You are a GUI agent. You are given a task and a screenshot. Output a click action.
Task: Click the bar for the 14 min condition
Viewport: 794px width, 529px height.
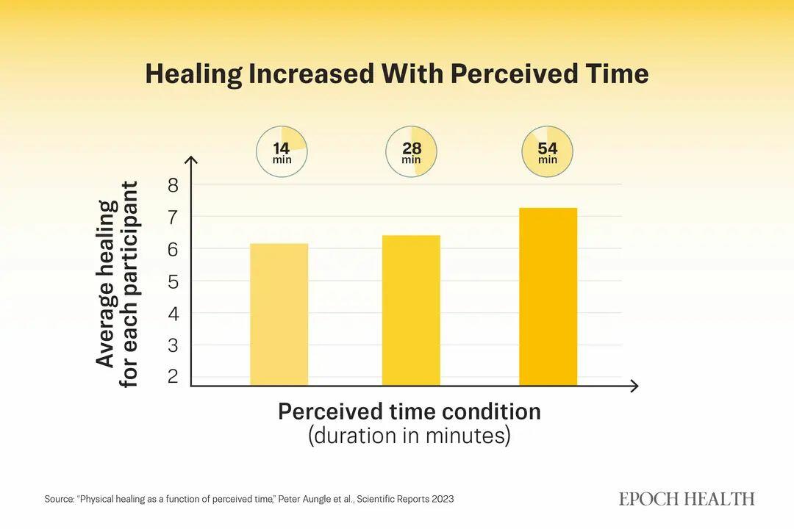279,314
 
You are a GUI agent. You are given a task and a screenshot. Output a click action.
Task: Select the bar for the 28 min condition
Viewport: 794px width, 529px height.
411,310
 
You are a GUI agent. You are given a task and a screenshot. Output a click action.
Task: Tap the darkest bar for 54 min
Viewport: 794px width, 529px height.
548,297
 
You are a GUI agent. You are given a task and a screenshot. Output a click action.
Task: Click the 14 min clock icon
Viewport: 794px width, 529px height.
282,153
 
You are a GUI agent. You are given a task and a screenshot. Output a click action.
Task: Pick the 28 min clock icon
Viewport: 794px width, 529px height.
411,153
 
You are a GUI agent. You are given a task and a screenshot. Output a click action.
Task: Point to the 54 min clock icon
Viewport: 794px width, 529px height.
548,153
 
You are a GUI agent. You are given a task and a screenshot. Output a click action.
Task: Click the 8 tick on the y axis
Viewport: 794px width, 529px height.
174,185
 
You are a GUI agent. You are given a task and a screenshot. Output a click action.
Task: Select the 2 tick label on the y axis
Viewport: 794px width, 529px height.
174,377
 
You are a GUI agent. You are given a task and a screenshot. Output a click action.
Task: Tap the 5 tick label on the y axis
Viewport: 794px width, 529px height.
174,281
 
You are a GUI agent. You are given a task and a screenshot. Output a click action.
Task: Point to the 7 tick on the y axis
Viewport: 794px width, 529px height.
174,217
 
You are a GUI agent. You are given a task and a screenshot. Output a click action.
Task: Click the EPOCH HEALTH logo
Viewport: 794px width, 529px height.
687,499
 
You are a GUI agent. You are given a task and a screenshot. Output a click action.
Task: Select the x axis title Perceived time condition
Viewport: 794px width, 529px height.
409,411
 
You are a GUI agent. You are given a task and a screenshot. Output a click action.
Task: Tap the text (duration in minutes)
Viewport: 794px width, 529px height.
409,436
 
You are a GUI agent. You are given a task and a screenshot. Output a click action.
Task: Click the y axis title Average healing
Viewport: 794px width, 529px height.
106,284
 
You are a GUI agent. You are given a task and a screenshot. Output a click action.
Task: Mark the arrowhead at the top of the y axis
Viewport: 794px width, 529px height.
191,159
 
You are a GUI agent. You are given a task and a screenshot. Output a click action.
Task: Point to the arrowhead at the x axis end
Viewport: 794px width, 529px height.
634,386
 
